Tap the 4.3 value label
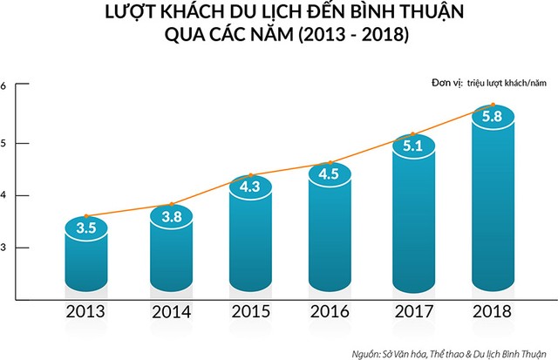(250, 185)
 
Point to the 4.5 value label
(330, 173)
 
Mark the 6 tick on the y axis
(3, 85)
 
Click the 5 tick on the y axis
(3, 142)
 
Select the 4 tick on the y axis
(3, 195)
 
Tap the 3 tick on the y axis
(3, 248)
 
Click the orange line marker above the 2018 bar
(493, 105)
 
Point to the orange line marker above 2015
(251, 175)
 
